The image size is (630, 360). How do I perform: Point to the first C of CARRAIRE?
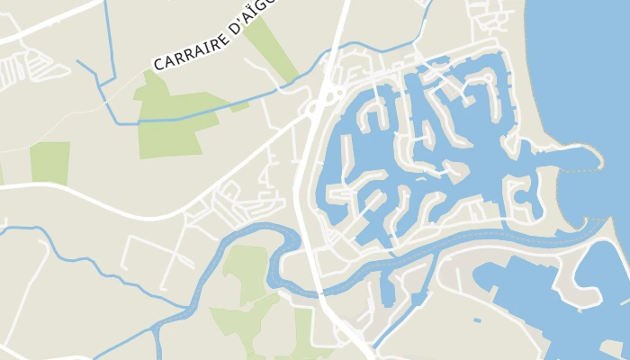(158, 66)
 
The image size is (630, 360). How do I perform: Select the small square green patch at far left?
(49, 163)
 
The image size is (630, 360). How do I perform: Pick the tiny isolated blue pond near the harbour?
(478, 319)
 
